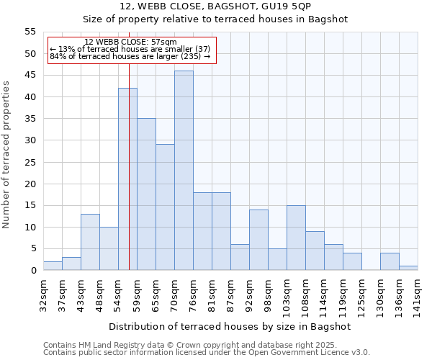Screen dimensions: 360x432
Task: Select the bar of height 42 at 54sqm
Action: point(127,179)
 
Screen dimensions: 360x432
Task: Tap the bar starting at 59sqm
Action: point(146,194)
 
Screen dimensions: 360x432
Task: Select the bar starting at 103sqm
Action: point(296,238)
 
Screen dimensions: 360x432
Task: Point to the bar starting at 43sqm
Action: point(90,242)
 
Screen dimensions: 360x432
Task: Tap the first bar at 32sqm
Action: point(53,266)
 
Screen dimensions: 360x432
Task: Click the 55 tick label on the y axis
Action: point(30,32)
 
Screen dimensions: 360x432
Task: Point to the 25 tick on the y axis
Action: point(30,162)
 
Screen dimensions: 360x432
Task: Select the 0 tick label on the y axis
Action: point(33,271)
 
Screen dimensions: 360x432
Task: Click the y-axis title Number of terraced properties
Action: point(6,154)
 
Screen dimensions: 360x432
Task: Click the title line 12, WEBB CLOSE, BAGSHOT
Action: point(215,6)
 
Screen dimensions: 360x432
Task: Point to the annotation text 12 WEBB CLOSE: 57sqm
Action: point(130,42)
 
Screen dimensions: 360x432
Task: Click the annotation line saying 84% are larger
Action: point(130,56)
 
